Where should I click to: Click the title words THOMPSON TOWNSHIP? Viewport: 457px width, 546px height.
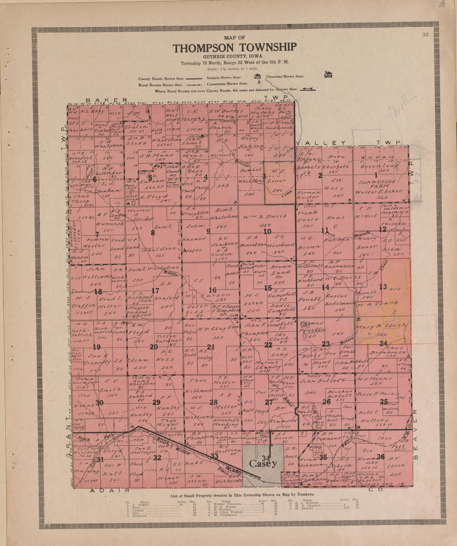[x=235, y=48]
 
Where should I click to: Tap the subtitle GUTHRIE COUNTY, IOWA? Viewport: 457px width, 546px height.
[x=235, y=56]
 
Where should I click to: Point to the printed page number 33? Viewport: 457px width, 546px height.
[x=425, y=35]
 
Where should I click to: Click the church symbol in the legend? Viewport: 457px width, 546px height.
[x=328, y=75]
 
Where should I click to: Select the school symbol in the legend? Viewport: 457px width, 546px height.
[x=257, y=77]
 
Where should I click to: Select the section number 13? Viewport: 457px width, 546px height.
[x=383, y=287]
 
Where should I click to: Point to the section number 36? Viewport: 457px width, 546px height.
[x=381, y=457]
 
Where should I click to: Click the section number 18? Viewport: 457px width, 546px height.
[x=98, y=291]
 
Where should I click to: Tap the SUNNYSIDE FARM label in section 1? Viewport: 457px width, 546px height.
[x=378, y=184]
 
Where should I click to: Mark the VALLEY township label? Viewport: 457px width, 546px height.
[x=322, y=143]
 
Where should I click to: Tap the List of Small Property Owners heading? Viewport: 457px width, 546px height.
[x=242, y=495]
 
